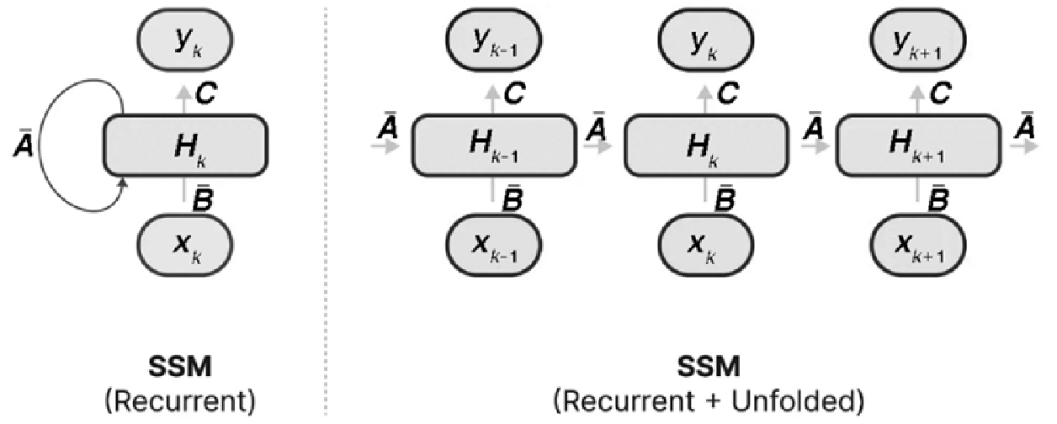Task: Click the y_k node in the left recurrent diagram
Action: [185, 40]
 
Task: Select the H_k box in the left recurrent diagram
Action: [185, 146]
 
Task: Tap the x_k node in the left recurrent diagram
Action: [185, 245]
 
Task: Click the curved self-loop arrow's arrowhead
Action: [124, 183]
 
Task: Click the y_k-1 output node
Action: [494, 40]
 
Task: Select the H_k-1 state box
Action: [494, 146]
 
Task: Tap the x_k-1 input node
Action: [494, 245]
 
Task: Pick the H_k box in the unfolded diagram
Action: [706, 146]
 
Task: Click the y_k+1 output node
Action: [918, 40]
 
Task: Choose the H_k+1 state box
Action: [918, 146]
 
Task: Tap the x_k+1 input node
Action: [918, 245]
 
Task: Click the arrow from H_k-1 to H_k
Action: [598, 146]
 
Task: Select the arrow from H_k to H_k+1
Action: [815, 146]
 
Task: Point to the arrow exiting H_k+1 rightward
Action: [1024, 146]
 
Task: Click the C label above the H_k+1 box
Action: [940, 93]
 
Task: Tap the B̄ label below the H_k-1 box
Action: [513, 198]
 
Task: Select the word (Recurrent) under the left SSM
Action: [180, 402]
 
